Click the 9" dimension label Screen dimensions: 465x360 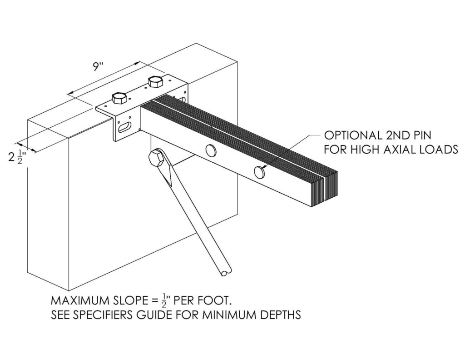97,67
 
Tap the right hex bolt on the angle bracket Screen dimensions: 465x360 155,81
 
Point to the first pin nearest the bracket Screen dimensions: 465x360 211,150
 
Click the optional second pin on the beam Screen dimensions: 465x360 260,171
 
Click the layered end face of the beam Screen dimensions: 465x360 325,189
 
